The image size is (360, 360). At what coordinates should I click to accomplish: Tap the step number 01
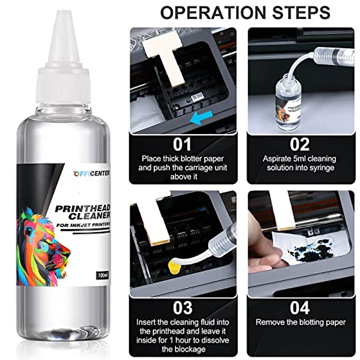coord(182,144)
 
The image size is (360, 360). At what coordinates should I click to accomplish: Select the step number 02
coord(300,144)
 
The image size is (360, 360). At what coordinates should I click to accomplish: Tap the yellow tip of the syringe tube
coord(174,267)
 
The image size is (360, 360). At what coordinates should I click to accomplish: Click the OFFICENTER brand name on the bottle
coord(92,174)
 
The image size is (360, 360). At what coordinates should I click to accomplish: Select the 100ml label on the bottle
coord(102,275)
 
